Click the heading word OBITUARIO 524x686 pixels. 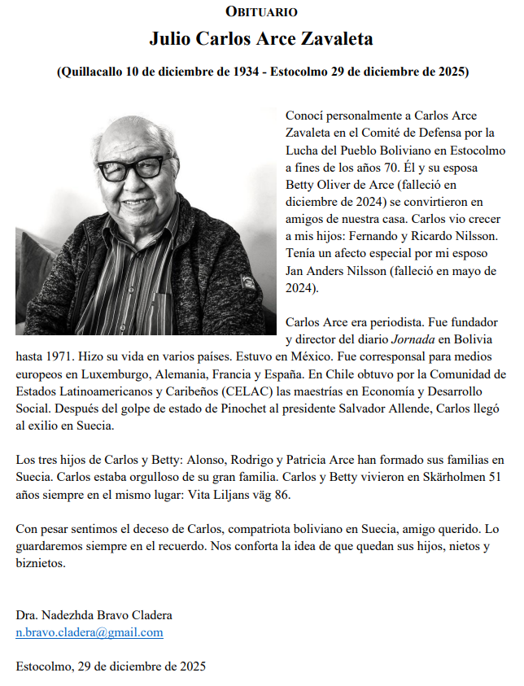[x=261, y=11]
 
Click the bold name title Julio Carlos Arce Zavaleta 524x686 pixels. [x=261, y=38]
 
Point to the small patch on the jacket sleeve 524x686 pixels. [x=242, y=286]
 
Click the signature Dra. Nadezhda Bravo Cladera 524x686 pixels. [x=94, y=615]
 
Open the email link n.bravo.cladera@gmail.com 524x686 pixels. [x=90, y=632]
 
